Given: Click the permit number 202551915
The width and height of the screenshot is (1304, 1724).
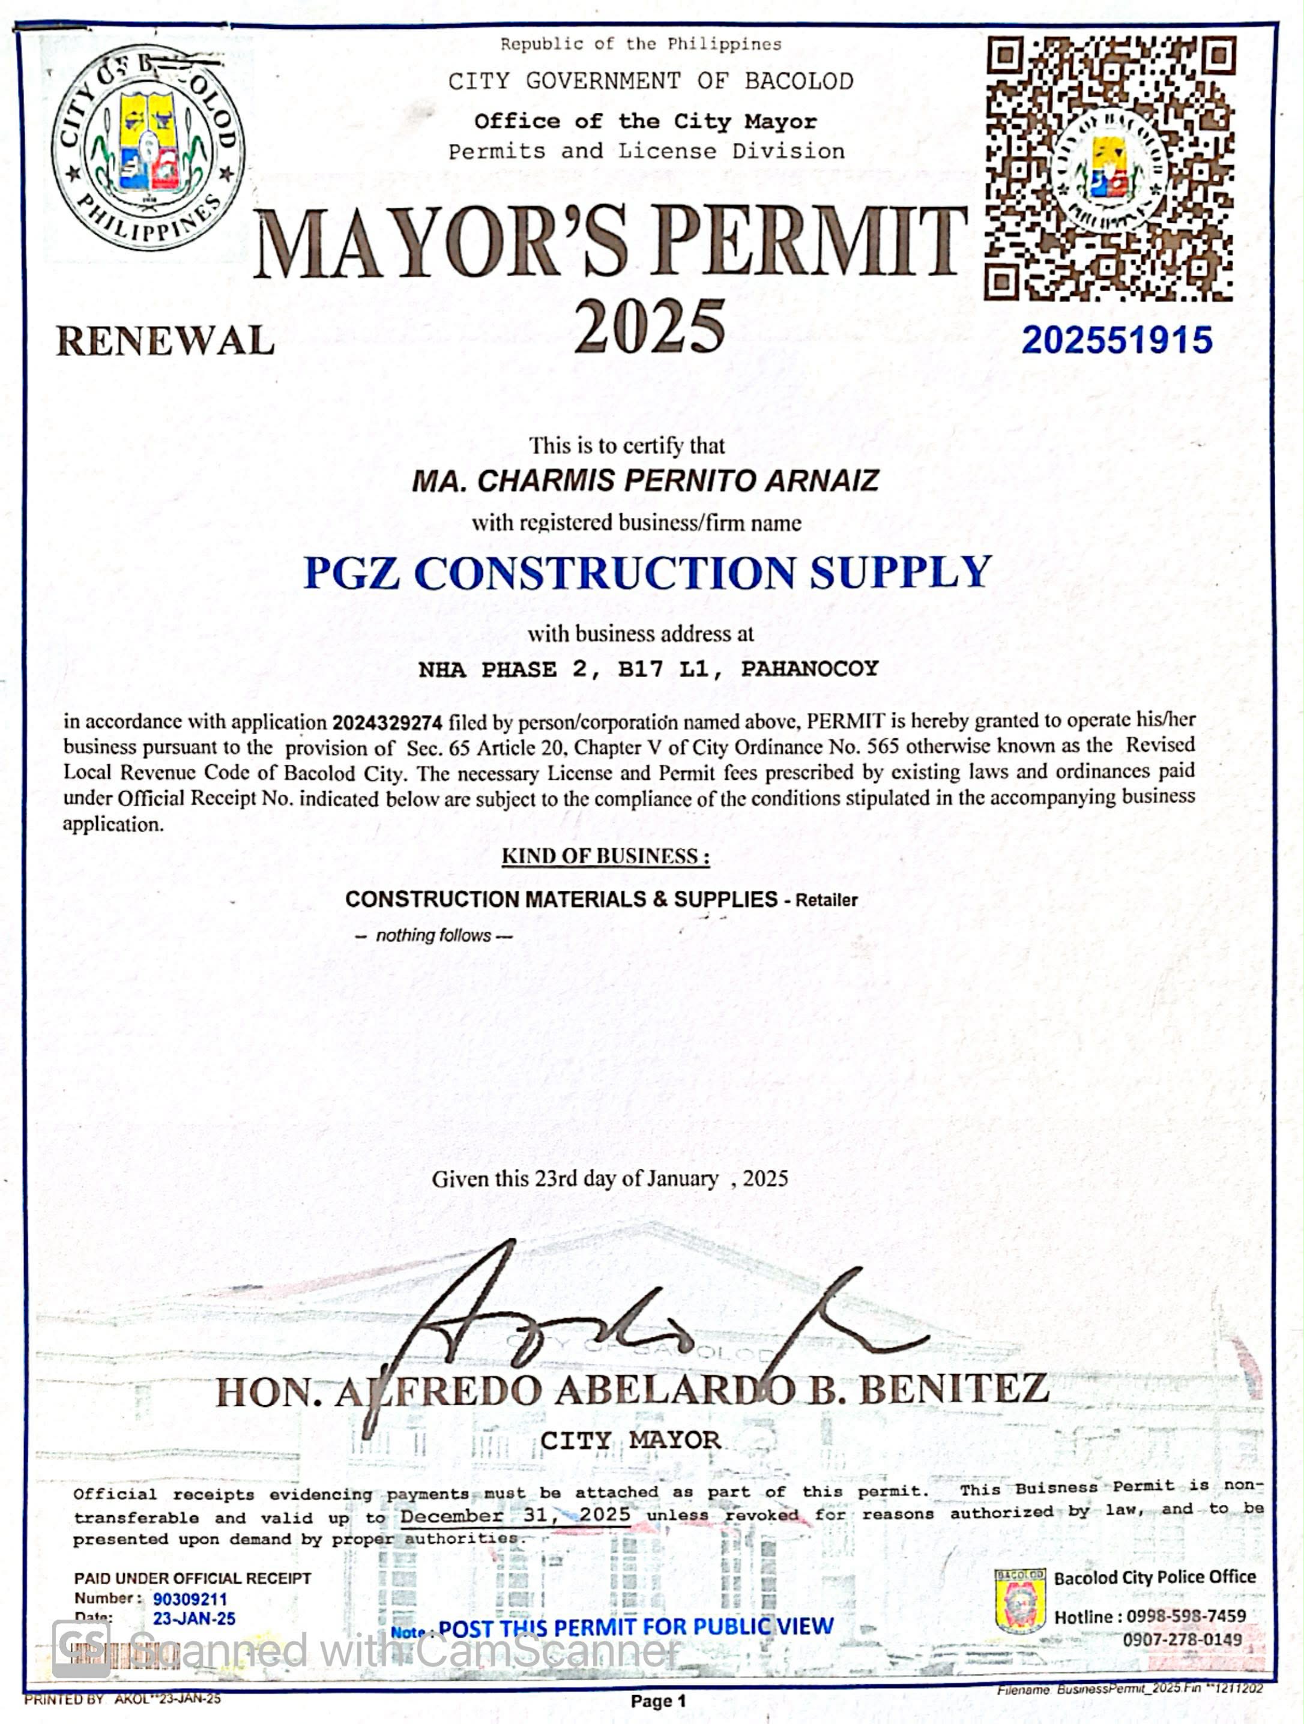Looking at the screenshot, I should (1116, 340).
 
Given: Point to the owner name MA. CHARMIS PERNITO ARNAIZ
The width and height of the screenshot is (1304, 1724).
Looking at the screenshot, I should (645, 480).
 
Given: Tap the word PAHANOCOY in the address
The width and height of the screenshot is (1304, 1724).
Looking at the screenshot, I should (809, 669).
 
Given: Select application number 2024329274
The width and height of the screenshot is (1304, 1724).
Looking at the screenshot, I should (387, 723).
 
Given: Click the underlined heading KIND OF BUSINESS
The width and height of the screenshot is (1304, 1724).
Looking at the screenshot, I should (605, 857).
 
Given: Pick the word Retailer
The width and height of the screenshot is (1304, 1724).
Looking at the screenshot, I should (826, 900).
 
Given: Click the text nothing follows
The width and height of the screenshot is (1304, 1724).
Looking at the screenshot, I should (433, 935).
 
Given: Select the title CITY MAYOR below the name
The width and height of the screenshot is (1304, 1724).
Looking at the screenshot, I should (630, 1440).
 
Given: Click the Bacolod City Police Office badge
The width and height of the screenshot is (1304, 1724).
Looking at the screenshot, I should (1019, 1602).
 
